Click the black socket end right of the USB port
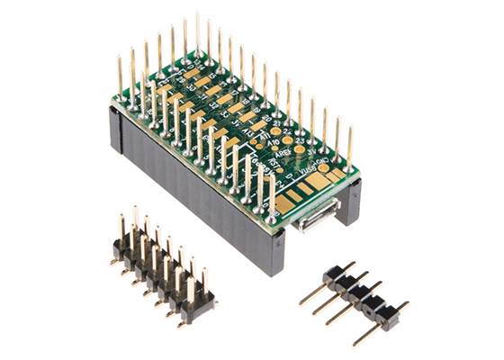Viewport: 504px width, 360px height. (352, 202)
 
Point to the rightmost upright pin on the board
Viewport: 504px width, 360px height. (349, 148)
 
